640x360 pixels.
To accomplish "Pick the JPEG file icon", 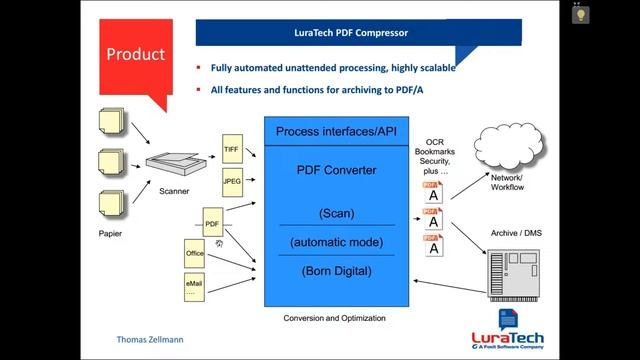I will tap(232, 182).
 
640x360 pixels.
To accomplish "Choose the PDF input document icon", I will tap(212, 225).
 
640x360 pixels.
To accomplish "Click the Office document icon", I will tap(195, 255).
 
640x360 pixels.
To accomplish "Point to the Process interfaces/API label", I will tap(335, 131).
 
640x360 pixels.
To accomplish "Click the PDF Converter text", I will tap(336, 170).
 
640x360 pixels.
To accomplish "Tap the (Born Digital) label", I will tap(336, 270).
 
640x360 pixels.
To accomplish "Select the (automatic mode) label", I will tap(336, 242).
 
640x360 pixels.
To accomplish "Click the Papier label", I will tap(110, 233).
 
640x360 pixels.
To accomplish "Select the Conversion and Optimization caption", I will tap(335, 318).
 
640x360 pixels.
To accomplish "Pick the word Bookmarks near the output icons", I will tap(433, 151).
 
